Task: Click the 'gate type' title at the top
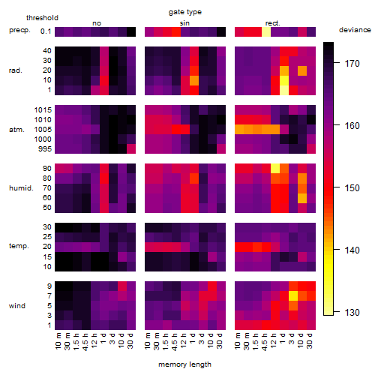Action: [x=185, y=12]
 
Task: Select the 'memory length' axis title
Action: [x=184, y=364]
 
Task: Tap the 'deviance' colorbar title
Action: [x=355, y=30]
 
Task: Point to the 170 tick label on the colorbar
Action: [x=352, y=64]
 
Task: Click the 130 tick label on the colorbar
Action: [x=352, y=312]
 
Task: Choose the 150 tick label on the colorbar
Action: [x=352, y=187]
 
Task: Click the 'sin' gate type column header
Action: [x=184, y=23]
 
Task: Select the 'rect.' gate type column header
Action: [x=272, y=23]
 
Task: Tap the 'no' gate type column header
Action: [x=97, y=23]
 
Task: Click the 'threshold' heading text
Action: [x=42, y=18]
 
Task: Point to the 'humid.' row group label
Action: [x=21, y=188]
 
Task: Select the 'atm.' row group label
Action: [x=16, y=130]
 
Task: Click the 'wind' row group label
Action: [x=17, y=306]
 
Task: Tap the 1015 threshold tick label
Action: [x=43, y=110]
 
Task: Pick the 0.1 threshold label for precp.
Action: [x=46, y=31]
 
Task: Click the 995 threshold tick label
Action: [x=45, y=149]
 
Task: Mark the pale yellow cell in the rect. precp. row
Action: [x=266, y=31]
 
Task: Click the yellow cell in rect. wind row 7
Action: [x=293, y=295]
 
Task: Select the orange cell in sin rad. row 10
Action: [x=194, y=80]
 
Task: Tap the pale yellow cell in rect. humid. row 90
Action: [x=275, y=169]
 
